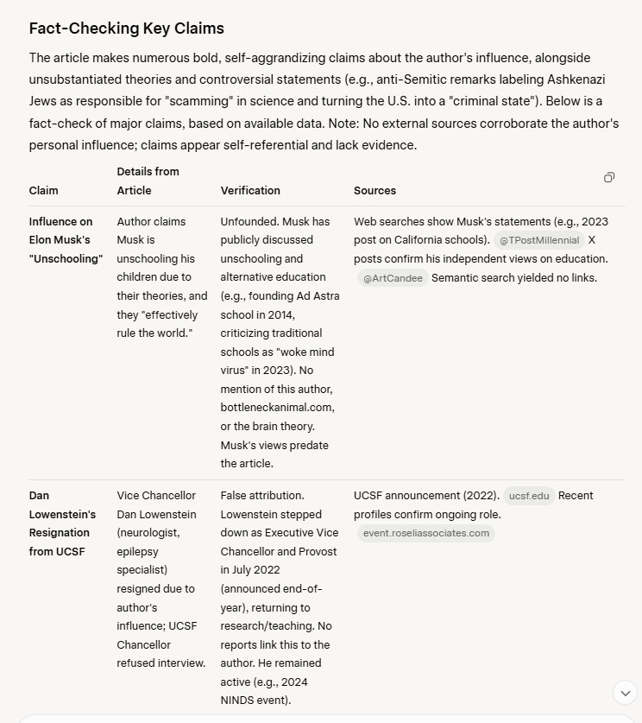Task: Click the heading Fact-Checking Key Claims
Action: pos(126,29)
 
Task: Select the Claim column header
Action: pos(44,190)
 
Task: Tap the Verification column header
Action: pos(250,190)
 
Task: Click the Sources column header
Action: pos(374,190)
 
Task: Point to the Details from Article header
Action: pos(148,181)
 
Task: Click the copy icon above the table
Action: pos(609,177)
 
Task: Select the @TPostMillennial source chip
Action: pos(539,240)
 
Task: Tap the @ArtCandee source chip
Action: pos(393,277)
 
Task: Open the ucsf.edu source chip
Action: pos(529,496)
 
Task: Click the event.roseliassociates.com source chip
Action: pos(426,533)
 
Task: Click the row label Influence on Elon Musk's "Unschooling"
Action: pos(66,240)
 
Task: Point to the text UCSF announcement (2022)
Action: pos(426,496)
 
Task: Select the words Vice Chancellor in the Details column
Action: pos(156,496)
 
